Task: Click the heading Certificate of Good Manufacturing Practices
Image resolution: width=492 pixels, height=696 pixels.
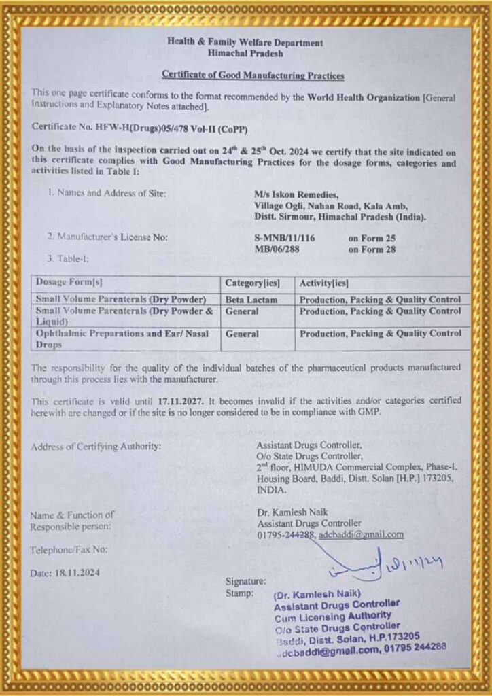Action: [253, 75]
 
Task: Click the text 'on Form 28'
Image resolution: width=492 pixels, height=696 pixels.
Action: [372, 249]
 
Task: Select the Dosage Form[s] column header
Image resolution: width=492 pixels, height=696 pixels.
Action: [69, 282]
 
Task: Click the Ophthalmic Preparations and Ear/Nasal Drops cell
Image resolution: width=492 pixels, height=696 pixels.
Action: [122, 339]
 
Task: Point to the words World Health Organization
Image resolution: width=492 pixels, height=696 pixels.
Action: [363, 97]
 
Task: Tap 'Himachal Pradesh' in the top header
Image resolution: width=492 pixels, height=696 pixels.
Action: [245, 53]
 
